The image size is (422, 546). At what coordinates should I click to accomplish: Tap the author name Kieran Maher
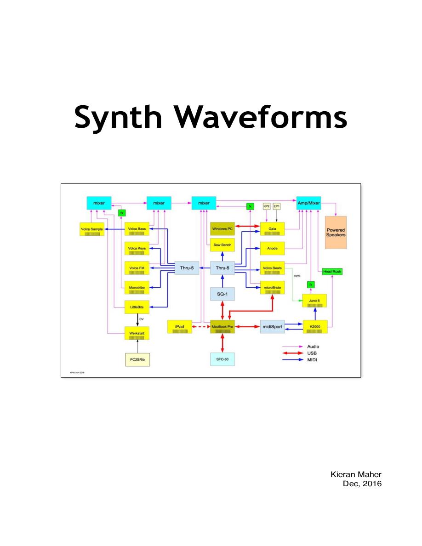(x=356, y=474)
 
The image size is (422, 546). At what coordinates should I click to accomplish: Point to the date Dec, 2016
(x=362, y=483)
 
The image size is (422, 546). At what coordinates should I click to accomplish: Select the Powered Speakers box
(x=336, y=232)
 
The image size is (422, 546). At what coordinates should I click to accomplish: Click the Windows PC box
(x=222, y=228)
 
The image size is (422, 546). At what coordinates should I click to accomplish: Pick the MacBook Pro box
(x=222, y=327)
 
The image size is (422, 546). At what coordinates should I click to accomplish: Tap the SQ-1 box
(x=222, y=293)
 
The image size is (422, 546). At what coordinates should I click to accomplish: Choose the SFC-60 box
(x=222, y=358)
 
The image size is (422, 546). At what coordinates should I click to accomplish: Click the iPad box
(x=180, y=327)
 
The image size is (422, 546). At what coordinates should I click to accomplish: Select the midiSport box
(x=273, y=327)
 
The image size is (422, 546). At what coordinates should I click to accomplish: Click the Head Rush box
(x=332, y=272)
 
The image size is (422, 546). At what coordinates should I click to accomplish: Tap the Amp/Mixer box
(x=308, y=203)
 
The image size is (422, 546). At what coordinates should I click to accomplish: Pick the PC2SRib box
(x=137, y=359)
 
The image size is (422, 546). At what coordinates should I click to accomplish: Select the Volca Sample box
(x=92, y=229)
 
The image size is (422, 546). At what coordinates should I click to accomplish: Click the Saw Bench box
(x=222, y=245)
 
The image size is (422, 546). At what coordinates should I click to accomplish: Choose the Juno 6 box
(x=314, y=301)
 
